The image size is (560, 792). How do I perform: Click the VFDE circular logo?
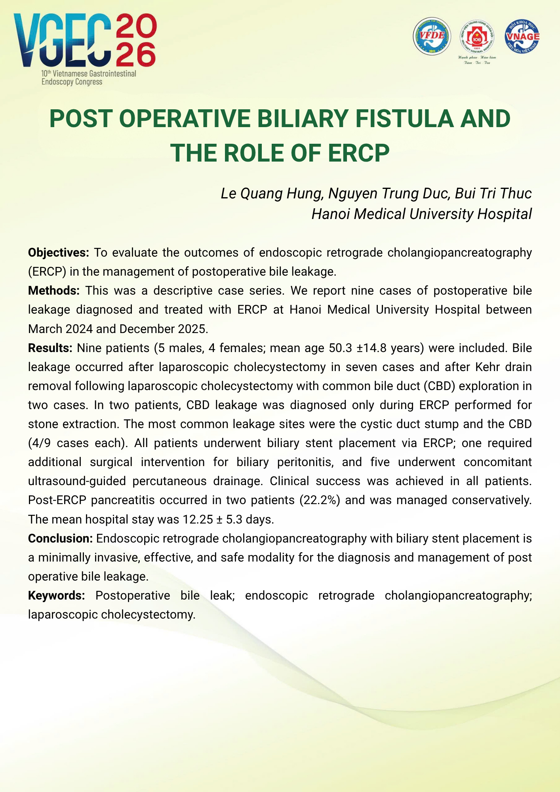(x=432, y=36)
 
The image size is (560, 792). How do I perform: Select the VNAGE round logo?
(x=522, y=36)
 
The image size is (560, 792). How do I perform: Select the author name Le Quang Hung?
(x=271, y=193)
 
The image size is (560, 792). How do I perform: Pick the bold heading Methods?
(x=54, y=291)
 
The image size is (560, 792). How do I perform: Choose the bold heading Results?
(x=50, y=348)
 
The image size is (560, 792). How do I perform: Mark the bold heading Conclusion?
(x=60, y=539)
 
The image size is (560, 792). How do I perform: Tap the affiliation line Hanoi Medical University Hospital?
(x=421, y=214)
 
